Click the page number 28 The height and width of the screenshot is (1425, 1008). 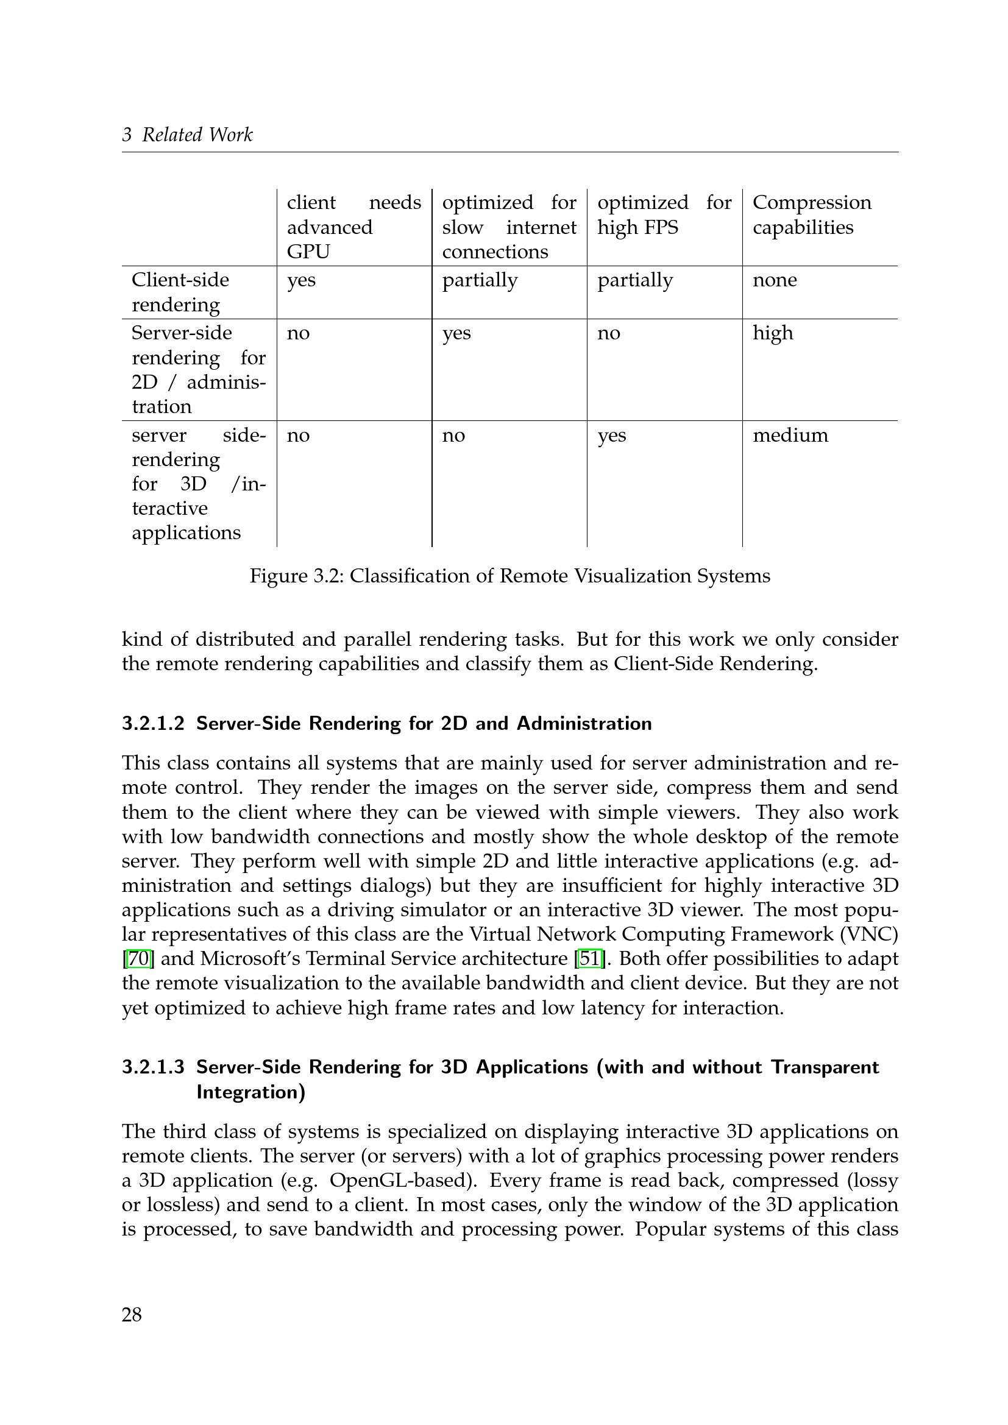pyautogui.click(x=132, y=1315)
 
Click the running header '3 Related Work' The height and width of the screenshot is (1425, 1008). pyautogui.click(x=187, y=135)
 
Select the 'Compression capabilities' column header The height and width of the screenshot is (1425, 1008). pyautogui.click(x=812, y=214)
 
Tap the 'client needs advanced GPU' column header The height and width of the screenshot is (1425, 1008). pyautogui.click(x=354, y=227)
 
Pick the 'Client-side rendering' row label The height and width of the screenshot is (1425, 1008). pyautogui.click(x=180, y=292)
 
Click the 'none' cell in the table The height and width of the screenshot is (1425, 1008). pyautogui.click(x=775, y=280)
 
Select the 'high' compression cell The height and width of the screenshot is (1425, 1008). pyautogui.click(x=773, y=333)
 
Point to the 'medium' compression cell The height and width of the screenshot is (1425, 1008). pyautogui.click(x=790, y=435)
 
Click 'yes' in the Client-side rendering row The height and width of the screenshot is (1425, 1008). pyautogui.click(x=301, y=280)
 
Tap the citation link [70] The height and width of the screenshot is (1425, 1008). pyautogui.click(x=138, y=959)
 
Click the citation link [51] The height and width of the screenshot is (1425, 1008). pyautogui.click(x=590, y=959)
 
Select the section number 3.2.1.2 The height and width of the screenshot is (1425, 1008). pyautogui.click(x=154, y=724)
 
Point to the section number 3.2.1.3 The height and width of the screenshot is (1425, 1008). pyautogui.click(x=154, y=1067)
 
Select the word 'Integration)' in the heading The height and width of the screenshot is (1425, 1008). pyautogui.click(x=250, y=1092)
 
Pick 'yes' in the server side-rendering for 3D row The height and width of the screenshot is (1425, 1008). pyautogui.click(x=611, y=435)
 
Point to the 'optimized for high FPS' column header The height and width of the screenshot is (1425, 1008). pyautogui.click(x=664, y=214)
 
